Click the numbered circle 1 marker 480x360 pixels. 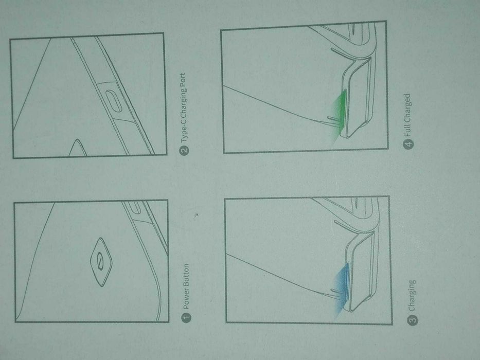[x=187, y=318]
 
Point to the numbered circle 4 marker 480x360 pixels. [x=408, y=145]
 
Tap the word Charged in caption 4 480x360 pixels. [x=408, y=108]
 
